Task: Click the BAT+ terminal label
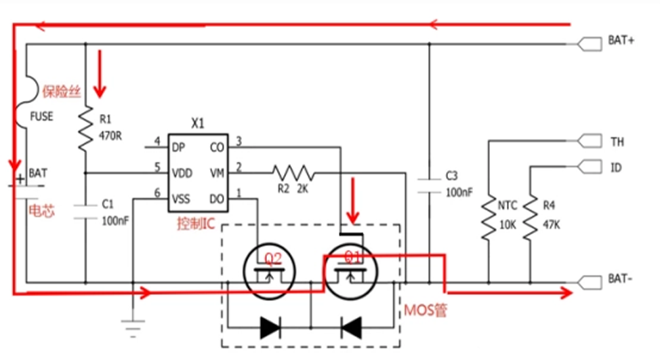(x=620, y=41)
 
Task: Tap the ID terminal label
(x=616, y=167)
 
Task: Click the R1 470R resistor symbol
(x=85, y=128)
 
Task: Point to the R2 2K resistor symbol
(x=293, y=173)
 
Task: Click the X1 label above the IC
(x=197, y=124)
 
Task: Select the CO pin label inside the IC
(x=218, y=146)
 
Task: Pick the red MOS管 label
(x=426, y=311)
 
